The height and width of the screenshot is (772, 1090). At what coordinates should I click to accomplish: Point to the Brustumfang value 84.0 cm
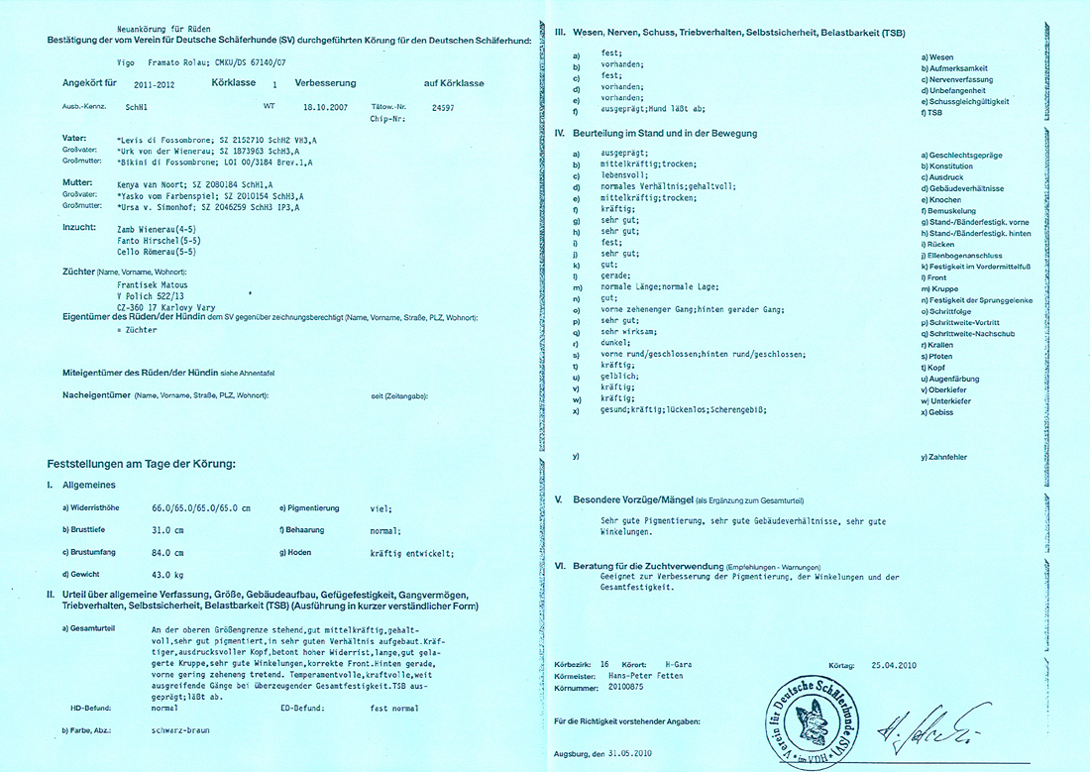pyautogui.click(x=167, y=552)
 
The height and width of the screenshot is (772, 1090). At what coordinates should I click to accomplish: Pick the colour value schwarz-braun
pyautogui.click(x=182, y=729)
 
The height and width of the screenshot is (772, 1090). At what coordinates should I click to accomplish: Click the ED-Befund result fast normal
pyautogui.click(x=394, y=709)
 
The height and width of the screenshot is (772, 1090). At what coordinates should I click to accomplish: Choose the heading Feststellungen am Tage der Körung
pyautogui.click(x=141, y=464)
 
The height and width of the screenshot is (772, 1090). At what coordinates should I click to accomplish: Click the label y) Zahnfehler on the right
pyautogui.click(x=944, y=457)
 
